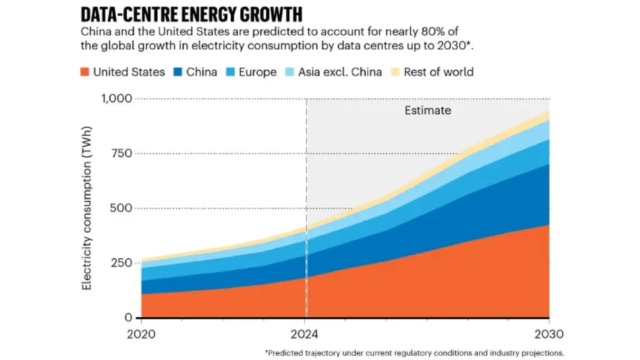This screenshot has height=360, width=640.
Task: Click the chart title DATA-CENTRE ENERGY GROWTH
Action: click(x=192, y=14)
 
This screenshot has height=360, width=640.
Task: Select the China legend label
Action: click(x=201, y=72)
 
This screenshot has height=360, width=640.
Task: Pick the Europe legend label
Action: click(x=257, y=72)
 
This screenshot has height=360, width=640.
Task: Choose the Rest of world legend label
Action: click(x=438, y=72)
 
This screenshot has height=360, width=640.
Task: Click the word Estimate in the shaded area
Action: click(x=427, y=111)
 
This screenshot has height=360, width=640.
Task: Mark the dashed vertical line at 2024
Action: click(x=306, y=187)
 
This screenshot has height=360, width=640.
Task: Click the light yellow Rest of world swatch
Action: click(x=395, y=72)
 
